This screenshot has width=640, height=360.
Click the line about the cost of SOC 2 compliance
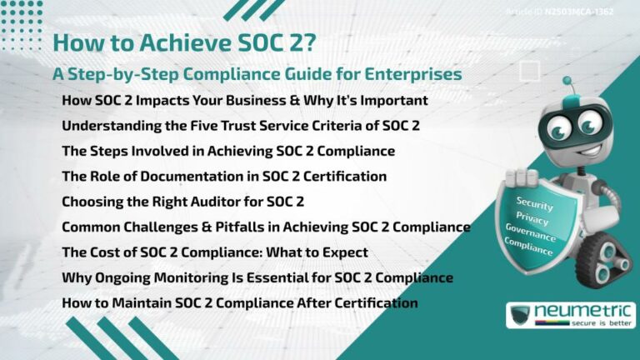click(215, 252)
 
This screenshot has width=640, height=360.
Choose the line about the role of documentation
click(224, 176)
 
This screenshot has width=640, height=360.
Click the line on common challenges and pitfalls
click(266, 227)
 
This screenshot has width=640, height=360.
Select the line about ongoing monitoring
click(257, 277)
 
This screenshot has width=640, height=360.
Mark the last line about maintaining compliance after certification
click(240, 302)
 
